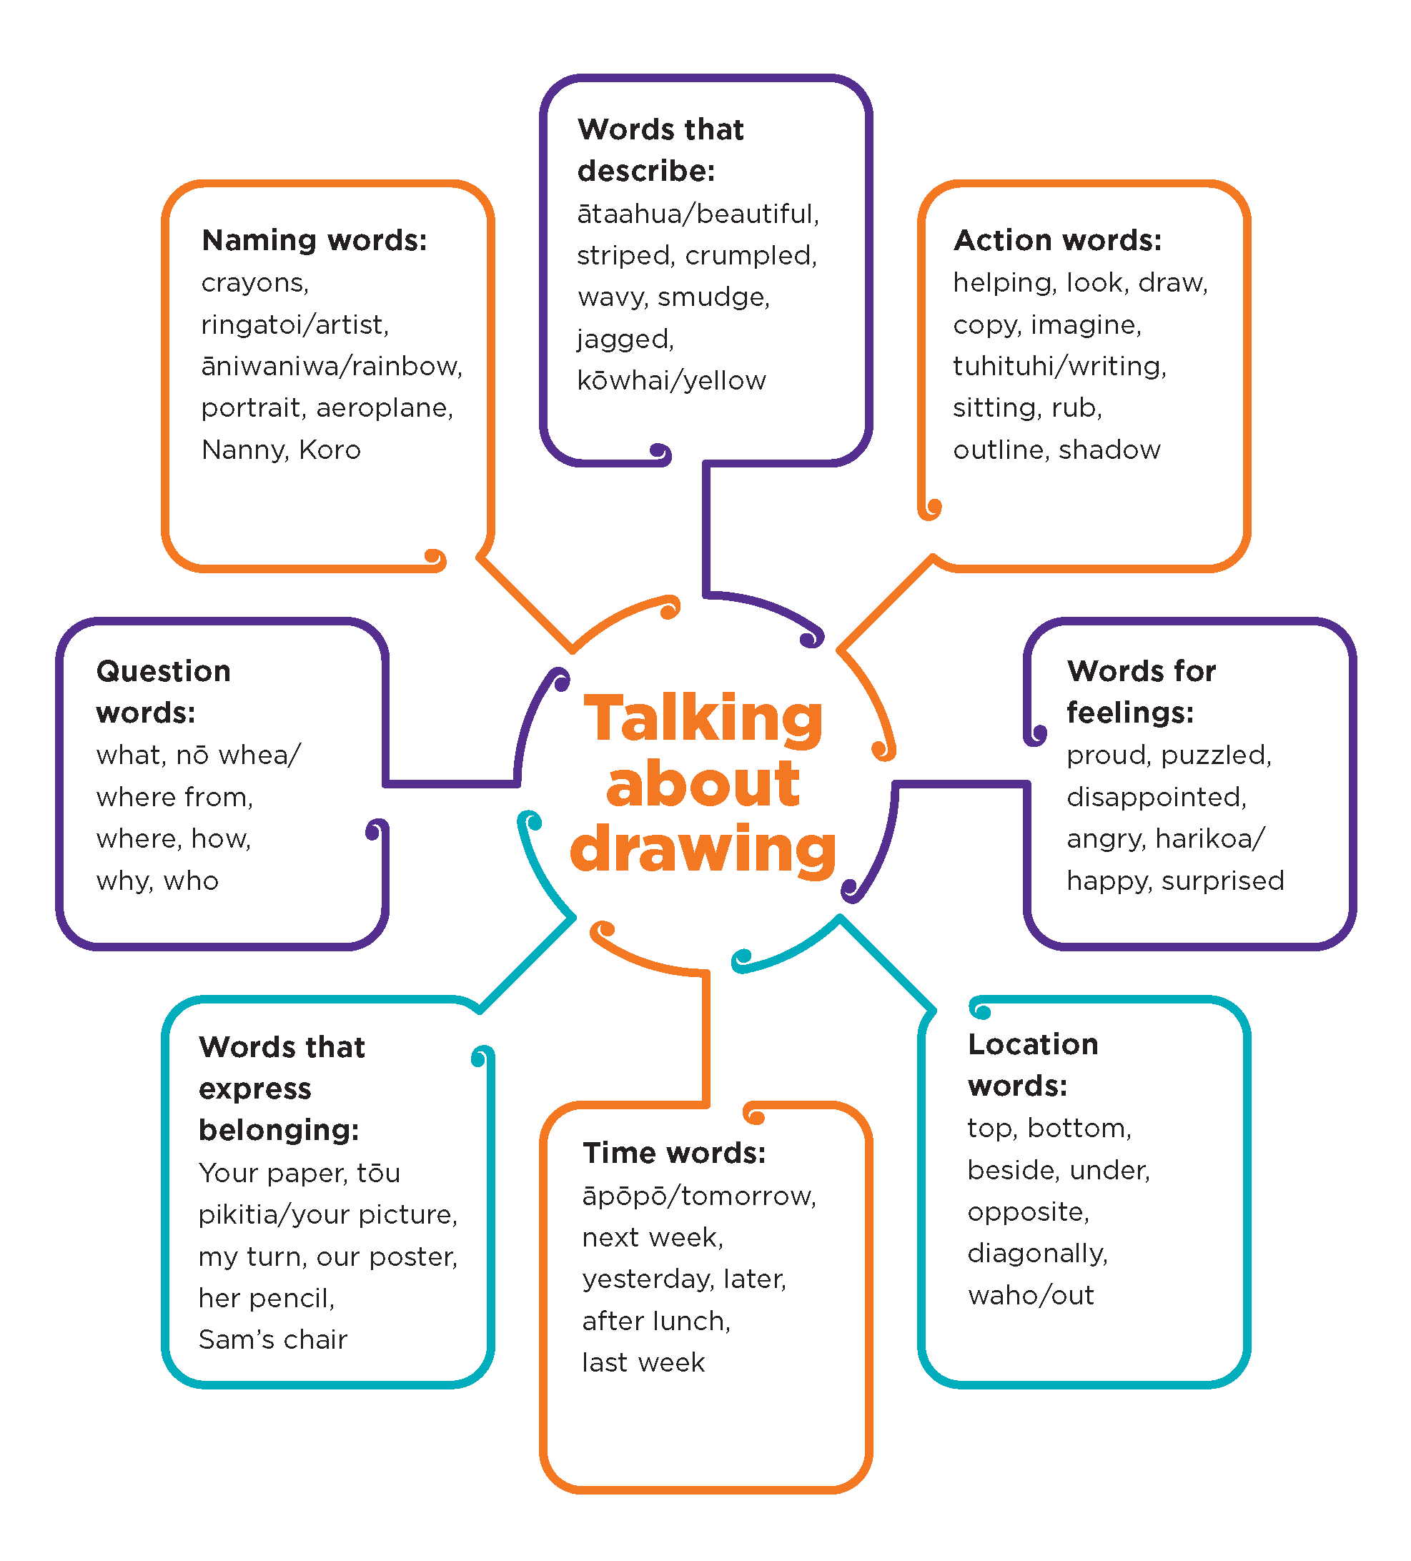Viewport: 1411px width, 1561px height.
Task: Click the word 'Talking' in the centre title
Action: tap(703, 719)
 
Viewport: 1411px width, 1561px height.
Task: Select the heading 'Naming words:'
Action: tap(314, 240)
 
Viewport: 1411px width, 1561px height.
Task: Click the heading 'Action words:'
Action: tap(1057, 240)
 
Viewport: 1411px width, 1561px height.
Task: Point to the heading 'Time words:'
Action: tap(674, 1153)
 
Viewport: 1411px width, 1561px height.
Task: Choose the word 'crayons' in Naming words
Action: tap(253, 282)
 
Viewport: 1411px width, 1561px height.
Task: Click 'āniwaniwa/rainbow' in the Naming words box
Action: tap(330, 366)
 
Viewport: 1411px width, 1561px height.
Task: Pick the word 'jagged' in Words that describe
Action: tap(624, 339)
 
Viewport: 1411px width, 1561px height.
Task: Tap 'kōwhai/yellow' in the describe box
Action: tap(671, 380)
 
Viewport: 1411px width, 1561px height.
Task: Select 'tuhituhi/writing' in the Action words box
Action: tap(1058, 366)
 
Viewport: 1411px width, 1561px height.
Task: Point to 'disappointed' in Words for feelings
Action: tap(1154, 797)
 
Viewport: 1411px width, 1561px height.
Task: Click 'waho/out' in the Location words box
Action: tap(1030, 1295)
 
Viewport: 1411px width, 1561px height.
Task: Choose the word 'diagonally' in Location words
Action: tap(1036, 1254)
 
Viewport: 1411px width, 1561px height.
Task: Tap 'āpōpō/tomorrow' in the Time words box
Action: tap(698, 1196)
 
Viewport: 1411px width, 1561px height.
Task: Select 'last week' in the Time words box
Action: tap(643, 1363)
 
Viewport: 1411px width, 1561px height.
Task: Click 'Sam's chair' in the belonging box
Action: tap(272, 1339)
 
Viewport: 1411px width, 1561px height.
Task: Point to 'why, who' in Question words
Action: tap(157, 881)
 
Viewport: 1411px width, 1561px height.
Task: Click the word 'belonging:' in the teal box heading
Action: tap(278, 1131)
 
